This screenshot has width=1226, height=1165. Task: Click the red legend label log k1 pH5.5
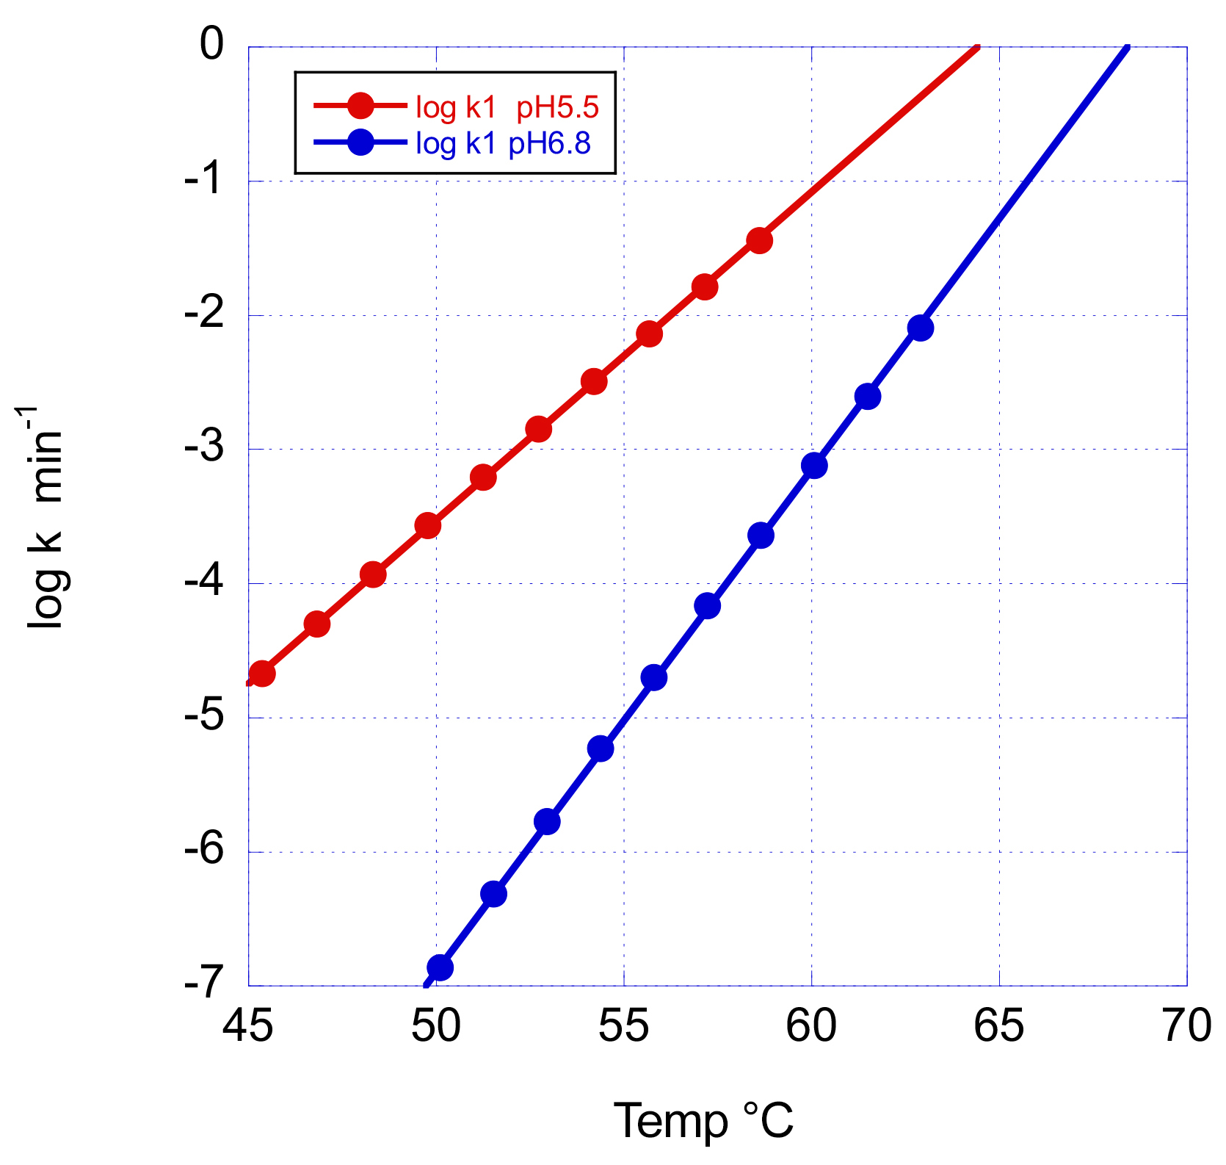(507, 107)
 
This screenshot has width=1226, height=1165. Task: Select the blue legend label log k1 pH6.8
(503, 143)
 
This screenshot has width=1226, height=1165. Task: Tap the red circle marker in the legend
(360, 107)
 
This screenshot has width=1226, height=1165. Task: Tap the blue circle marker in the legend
(360, 143)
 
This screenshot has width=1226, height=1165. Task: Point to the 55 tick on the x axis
(624, 1026)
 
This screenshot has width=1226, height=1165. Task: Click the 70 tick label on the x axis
(1187, 1026)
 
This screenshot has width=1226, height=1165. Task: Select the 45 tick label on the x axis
(248, 1026)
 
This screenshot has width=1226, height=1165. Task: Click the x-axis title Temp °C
(703, 1121)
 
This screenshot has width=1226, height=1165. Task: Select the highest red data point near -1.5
(760, 239)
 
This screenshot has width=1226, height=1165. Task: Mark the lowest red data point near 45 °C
(262, 673)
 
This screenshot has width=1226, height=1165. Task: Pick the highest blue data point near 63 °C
(920, 328)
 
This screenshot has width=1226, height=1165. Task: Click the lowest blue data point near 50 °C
(440, 967)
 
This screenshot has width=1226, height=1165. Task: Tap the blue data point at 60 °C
(814, 465)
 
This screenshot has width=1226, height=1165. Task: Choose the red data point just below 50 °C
(427, 525)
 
